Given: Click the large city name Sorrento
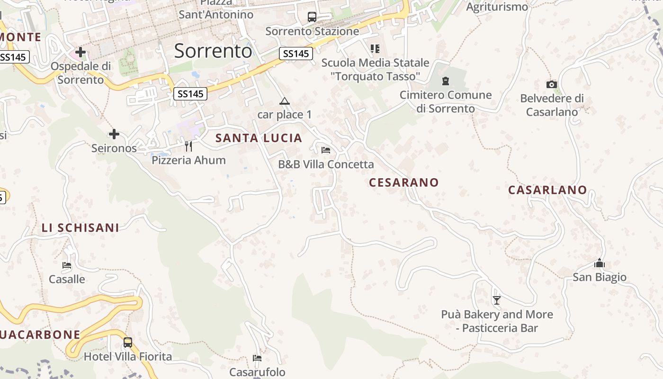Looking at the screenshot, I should (x=213, y=51).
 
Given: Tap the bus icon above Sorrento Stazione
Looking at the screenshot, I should (x=312, y=17).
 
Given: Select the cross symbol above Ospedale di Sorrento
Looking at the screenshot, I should (x=81, y=52).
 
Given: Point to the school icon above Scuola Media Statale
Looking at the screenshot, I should (x=375, y=48).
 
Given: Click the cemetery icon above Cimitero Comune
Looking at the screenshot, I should (x=446, y=81).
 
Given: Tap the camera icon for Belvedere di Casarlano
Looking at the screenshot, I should (x=552, y=85).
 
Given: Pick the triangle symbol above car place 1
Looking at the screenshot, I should (x=284, y=101).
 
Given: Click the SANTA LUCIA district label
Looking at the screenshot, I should (x=259, y=138).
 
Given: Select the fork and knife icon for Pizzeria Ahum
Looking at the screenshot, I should (x=188, y=146).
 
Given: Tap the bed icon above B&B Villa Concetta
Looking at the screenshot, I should (x=326, y=150).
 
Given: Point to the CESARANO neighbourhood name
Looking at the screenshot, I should (x=404, y=182).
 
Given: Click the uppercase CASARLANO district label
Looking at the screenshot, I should (x=547, y=190).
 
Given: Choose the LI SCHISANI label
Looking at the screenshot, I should (x=81, y=228).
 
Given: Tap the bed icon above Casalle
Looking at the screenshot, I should (x=67, y=265).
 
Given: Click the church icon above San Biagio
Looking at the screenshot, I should (x=600, y=263).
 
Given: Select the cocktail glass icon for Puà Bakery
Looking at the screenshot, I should (x=496, y=300).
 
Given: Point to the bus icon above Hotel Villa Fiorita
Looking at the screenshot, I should (x=128, y=343).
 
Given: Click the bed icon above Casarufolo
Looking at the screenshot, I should (x=257, y=358).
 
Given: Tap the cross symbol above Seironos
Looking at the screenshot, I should (x=114, y=135).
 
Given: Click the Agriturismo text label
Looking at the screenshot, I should (x=497, y=7).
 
